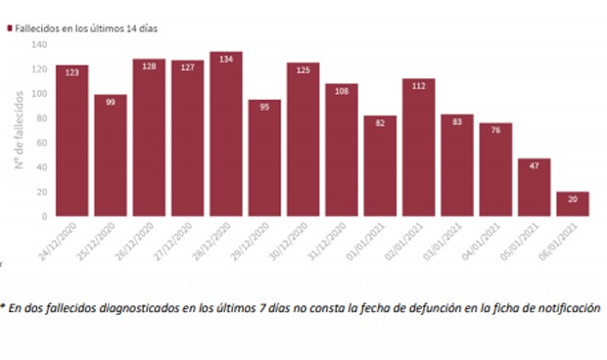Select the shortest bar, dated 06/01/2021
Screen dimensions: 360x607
point(573,203)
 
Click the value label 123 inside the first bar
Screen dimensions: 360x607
point(72,73)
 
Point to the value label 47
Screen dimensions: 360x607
point(535,166)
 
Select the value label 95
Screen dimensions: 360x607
point(264,108)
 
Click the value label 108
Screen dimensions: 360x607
point(342,91)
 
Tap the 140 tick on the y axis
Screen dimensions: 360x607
point(39,45)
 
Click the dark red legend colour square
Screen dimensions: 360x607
point(11,28)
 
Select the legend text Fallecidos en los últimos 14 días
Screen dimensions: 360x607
point(87,28)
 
